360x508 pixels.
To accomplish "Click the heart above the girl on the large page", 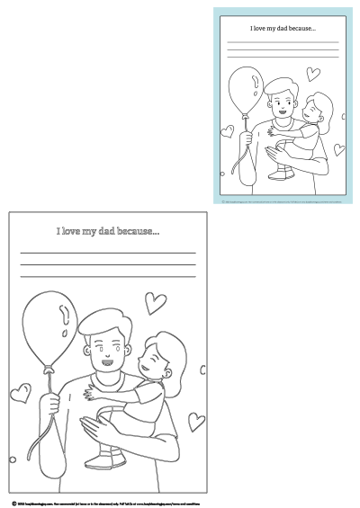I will (x=156, y=301).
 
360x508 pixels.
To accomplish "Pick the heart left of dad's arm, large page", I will (x=20, y=392).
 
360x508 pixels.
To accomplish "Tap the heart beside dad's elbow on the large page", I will (x=195, y=420).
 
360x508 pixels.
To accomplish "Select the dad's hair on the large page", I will (x=105, y=321).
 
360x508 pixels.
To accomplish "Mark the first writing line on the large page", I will (x=108, y=254).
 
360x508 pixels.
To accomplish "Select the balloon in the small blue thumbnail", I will (x=244, y=91).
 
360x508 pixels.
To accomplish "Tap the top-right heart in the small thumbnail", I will (x=312, y=73).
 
